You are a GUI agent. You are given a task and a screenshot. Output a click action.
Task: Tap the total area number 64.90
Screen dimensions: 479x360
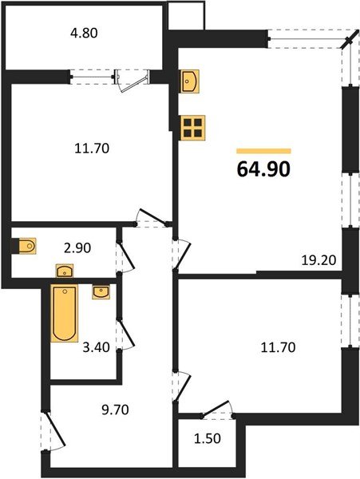point(263,169)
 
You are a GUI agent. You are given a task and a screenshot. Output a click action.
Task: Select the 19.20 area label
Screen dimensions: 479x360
point(317,259)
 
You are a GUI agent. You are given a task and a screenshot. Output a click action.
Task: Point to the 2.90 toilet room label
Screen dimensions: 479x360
point(79,247)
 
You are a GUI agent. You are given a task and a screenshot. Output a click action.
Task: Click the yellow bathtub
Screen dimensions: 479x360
point(64,313)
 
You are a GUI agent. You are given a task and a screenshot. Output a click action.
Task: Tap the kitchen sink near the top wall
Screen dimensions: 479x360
point(190,81)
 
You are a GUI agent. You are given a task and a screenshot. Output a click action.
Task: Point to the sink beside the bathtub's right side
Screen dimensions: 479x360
point(101,293)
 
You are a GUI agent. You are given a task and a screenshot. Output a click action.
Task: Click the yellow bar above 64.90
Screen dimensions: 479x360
point(263,150)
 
